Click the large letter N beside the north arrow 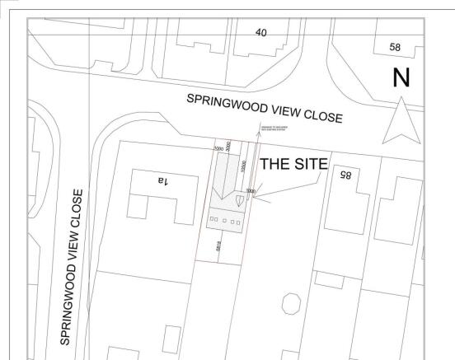click(401, 77)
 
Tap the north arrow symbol click(401, 119)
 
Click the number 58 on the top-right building click(395, 49)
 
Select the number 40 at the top click(260, 32)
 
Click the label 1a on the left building click(160, 180)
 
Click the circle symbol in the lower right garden click(290, 304)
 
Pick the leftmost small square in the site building click(212, 220)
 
